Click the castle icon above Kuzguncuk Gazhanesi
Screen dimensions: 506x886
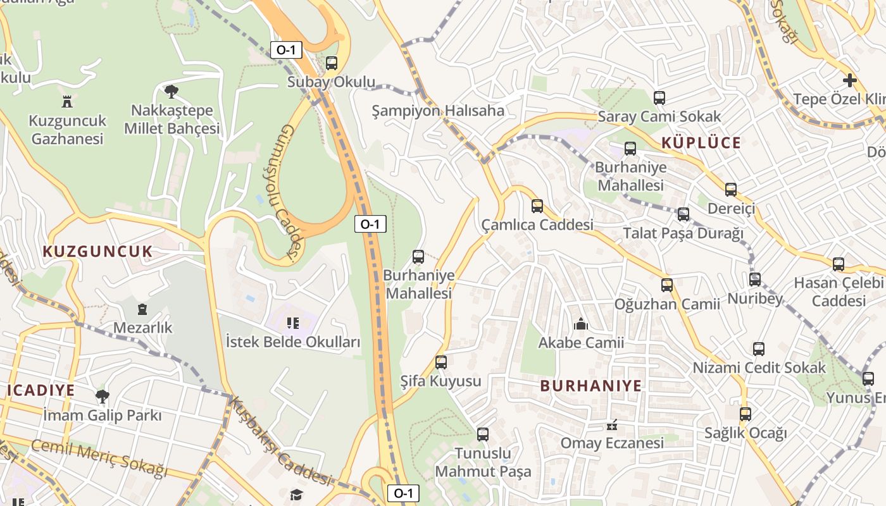tap(67, 101)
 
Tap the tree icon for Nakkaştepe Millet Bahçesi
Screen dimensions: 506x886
tap(171, 91)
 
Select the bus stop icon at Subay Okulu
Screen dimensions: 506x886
tap(331, 63)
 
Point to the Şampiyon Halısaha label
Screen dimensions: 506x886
tap(438, 111)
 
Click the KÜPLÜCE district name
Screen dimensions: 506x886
tap(701, 143)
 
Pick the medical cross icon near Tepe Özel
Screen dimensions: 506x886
tap(850, 80)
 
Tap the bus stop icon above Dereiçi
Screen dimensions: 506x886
tap(731, 189)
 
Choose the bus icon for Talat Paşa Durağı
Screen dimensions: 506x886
tap(683, 214)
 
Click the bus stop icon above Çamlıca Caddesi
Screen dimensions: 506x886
tap(537, 206)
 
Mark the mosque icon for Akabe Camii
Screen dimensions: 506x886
tap(581, 324)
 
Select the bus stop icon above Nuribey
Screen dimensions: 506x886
tap(755, 279)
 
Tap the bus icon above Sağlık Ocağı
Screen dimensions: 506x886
tap(746, 414)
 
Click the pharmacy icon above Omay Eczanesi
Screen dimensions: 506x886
tap(612, 424)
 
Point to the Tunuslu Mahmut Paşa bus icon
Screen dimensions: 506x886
tap(483, 435)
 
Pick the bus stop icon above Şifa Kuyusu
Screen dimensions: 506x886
tap(441, 362)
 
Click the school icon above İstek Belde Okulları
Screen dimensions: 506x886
tap(293, 324)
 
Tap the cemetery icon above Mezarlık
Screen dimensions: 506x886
tap(142, 309)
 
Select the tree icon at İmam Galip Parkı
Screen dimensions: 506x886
tap(102, 397)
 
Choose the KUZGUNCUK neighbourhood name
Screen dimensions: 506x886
tap(97, 252)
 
